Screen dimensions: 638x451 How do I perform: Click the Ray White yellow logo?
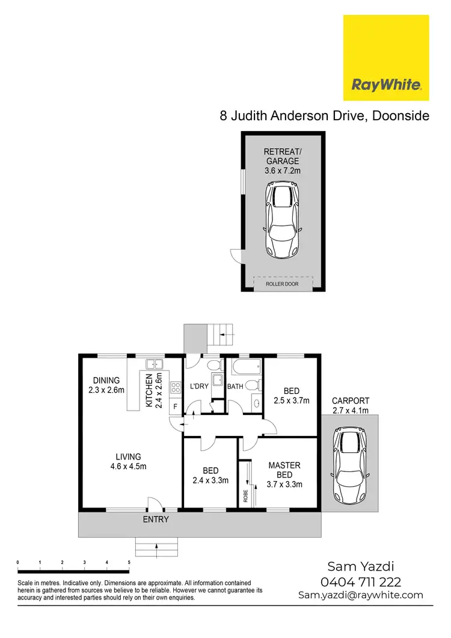click(385, 58)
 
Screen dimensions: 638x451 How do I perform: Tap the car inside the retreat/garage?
click(282, 219)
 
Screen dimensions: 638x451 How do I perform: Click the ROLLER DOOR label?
click(283, 283)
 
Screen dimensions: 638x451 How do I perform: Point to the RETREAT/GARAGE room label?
click(282, 161)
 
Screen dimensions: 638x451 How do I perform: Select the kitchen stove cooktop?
click(176, 388)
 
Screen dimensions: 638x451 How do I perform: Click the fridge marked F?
click(176, 407)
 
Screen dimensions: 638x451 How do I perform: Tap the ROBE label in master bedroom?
click(245, 494)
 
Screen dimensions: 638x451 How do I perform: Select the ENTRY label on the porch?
click(156, 519)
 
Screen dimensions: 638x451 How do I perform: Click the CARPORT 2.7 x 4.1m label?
click(350, 406)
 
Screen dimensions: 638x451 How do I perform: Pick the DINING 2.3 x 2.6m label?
click(106, 385)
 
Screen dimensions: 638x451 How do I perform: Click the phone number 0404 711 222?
click(361, 581)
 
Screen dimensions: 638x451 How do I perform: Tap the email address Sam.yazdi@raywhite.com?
click(361, 595)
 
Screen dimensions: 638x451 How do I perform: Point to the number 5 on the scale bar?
click(129, 562)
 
